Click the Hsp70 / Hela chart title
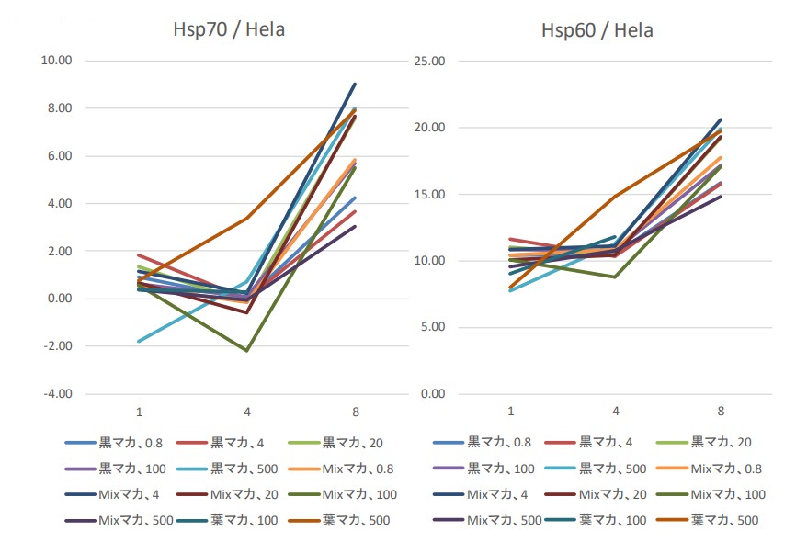pos(229,29)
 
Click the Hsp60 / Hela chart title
pos(597,29)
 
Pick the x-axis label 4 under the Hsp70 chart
pos(246,410)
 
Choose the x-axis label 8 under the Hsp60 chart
pos(720,410)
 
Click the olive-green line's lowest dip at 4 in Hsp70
pos(246,350)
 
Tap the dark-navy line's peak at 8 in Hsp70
pos(355,84)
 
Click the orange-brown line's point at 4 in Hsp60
pos(614,196)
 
